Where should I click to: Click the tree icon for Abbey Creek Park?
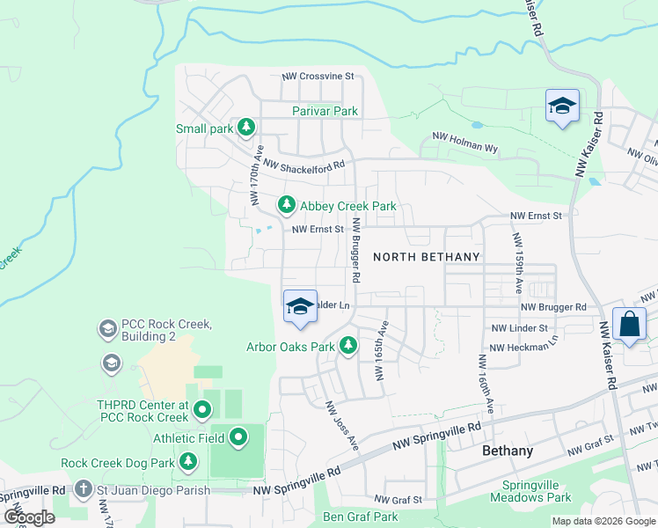coord(286,205)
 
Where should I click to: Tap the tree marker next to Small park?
coord(246,128)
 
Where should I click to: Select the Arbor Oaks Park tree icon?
coord(348,346)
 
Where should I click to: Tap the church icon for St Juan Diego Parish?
coord(83,488)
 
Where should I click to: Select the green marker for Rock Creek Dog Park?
coord(187,461)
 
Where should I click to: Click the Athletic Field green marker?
coord(238,437)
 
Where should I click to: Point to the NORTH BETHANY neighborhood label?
coord(427,257)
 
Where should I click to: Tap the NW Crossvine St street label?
coord(317,77)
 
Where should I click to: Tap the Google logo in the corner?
coord(29,517)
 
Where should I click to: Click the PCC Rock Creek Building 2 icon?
coord(107,329)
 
